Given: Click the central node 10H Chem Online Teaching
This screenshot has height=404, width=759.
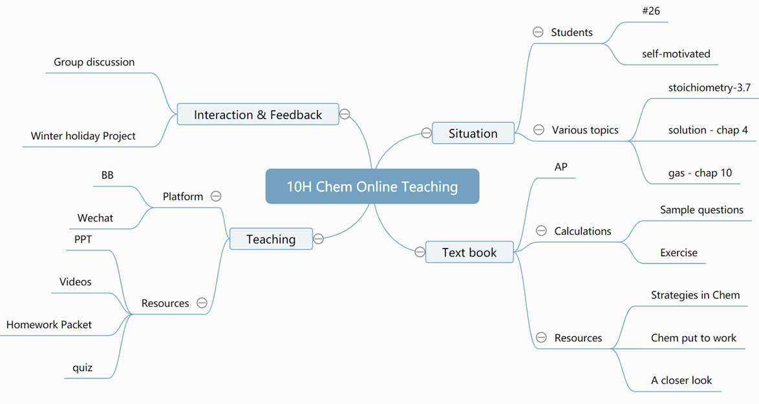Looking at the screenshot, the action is point(372,186).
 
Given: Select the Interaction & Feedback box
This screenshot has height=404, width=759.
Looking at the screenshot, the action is point(258,115).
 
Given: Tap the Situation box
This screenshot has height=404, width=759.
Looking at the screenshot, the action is point(473,133).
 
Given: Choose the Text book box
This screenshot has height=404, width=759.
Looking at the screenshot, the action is point(469,252).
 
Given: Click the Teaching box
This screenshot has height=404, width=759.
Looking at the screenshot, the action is point(271,239).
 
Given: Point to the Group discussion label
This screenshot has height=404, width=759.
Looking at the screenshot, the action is point(94,62).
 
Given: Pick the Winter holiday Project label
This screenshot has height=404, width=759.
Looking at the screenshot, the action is point(83,136).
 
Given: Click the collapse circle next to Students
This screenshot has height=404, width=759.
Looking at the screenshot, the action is point(538,32).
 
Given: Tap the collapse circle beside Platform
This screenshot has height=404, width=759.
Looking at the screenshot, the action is point(216,196).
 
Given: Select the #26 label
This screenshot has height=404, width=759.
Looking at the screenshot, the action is point(651,10).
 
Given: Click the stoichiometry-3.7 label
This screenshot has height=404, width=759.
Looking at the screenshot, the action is point(710,87).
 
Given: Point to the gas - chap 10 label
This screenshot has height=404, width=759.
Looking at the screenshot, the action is point(700,173).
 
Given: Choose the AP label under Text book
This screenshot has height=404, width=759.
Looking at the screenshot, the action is point(561,167).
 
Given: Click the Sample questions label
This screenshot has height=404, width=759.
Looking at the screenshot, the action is point(702,210).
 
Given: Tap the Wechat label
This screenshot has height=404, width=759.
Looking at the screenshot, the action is point(95,218).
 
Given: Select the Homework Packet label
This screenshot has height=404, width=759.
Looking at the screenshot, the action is point(49,324).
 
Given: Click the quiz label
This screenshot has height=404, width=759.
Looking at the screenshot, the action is point(82,368).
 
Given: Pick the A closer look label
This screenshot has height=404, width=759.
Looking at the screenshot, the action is point(681,380).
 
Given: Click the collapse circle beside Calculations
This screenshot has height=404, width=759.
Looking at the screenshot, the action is point(541,231).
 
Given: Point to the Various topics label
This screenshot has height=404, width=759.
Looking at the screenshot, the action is point(585,130).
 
